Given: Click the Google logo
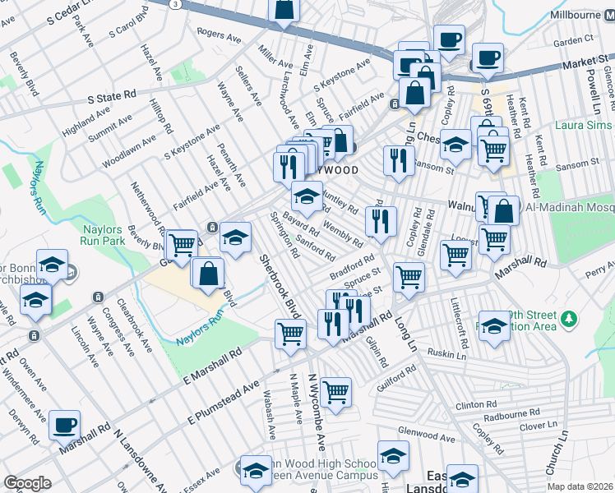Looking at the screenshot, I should click(x=27, y=483).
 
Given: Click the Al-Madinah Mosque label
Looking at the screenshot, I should click(x=568, y=210).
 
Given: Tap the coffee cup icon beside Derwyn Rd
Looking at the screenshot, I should click(x=64, y=426).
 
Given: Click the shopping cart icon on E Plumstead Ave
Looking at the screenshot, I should click(x=335, y=394).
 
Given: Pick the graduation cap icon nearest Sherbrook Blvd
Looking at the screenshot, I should click(x=235, y=239).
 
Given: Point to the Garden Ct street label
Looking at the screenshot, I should click(x=573, y=39).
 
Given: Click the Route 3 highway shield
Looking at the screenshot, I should click(x=175, y=4).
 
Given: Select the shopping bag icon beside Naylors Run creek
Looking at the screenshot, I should click(x=209, y=274).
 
